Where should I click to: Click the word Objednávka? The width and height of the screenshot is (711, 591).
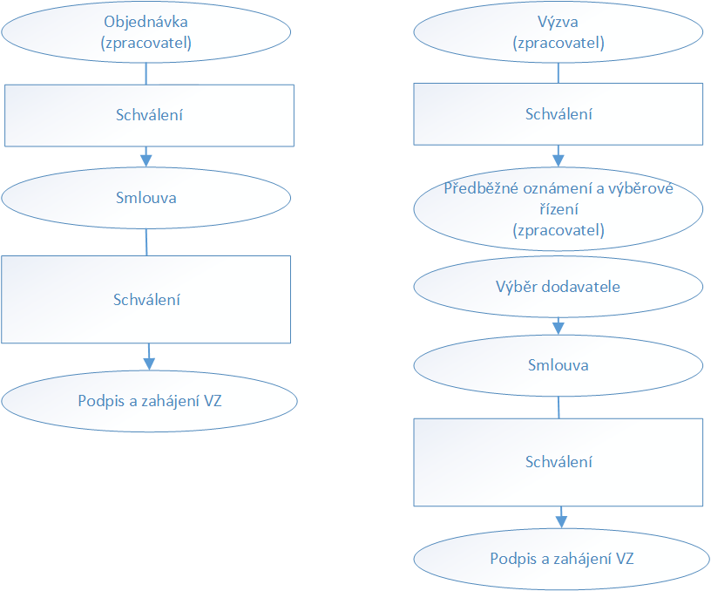pyautogui.click(x=146, y=22)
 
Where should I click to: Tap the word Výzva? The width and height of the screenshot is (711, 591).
pyautogui.click(x=558, y=22)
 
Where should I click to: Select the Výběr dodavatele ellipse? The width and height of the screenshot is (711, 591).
pyautogui.click(x=559, y=287)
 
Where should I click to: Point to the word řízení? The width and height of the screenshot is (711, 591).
pyautogui.click(x=559, y=209)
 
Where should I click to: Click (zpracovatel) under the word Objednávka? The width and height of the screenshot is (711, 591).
pyautogui.click(x=146, y=43)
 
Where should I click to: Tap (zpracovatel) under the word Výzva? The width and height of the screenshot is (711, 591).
pyautogui.click(x=559, y=43)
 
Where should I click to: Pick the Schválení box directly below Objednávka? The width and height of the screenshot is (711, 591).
pyautogui.click(x=149, y=116)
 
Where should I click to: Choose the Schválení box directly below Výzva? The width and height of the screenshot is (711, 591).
pyautogui.click(x=559, y=114)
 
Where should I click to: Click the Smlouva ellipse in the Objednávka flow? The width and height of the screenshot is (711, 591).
pyautogui.click(x=146, y=198)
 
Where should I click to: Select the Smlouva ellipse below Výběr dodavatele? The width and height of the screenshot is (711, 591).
pyautogui.click(x=559, y=365)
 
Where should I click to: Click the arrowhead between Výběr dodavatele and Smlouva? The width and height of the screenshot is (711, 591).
pyautogui.click(x=559, y=329)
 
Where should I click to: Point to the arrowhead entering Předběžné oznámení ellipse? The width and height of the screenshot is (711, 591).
pyautogui.click(x=559, y=160)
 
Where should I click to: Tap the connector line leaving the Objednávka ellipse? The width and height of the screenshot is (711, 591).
pyautogui.click(x=146, y=73)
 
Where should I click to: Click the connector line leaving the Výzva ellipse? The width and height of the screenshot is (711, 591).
pyautogui.click(x=559, y=73)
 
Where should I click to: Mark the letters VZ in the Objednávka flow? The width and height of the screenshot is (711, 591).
pyautogui.click(x=213, y=401)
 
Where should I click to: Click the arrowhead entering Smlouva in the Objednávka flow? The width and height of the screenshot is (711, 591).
pyautogui.click(x=146, y=160)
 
